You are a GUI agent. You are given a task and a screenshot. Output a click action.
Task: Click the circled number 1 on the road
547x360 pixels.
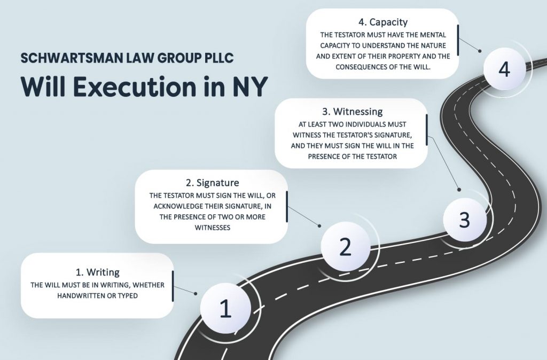(x=225, y=308)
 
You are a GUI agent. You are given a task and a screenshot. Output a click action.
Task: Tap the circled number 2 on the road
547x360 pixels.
(x=346, y=246)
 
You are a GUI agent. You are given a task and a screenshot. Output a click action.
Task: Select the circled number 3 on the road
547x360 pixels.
(x=465, y=220)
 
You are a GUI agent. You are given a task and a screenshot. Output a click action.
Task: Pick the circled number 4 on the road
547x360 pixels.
(x=504, y=69)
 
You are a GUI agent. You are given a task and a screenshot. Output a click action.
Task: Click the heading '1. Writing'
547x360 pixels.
(x=98, y=272)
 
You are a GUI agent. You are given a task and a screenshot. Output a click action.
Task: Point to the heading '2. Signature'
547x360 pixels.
(x=213, y=183)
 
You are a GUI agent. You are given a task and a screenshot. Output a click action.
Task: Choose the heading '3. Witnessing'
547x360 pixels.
(x=353, y=112)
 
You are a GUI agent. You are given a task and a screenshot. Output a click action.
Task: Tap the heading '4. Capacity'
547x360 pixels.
(x=383, y=22)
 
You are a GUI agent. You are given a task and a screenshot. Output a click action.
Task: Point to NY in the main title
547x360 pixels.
(x=250, y=87)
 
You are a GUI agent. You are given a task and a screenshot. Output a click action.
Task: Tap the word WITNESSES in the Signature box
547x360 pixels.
(x=213, y=228)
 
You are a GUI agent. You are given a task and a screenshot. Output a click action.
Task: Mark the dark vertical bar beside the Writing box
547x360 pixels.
(x=173, y=286)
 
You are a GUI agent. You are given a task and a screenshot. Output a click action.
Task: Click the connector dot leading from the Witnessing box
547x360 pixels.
(x=459, y=190)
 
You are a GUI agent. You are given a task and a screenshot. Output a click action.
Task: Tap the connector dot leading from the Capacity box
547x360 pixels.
(x=480, y=51)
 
